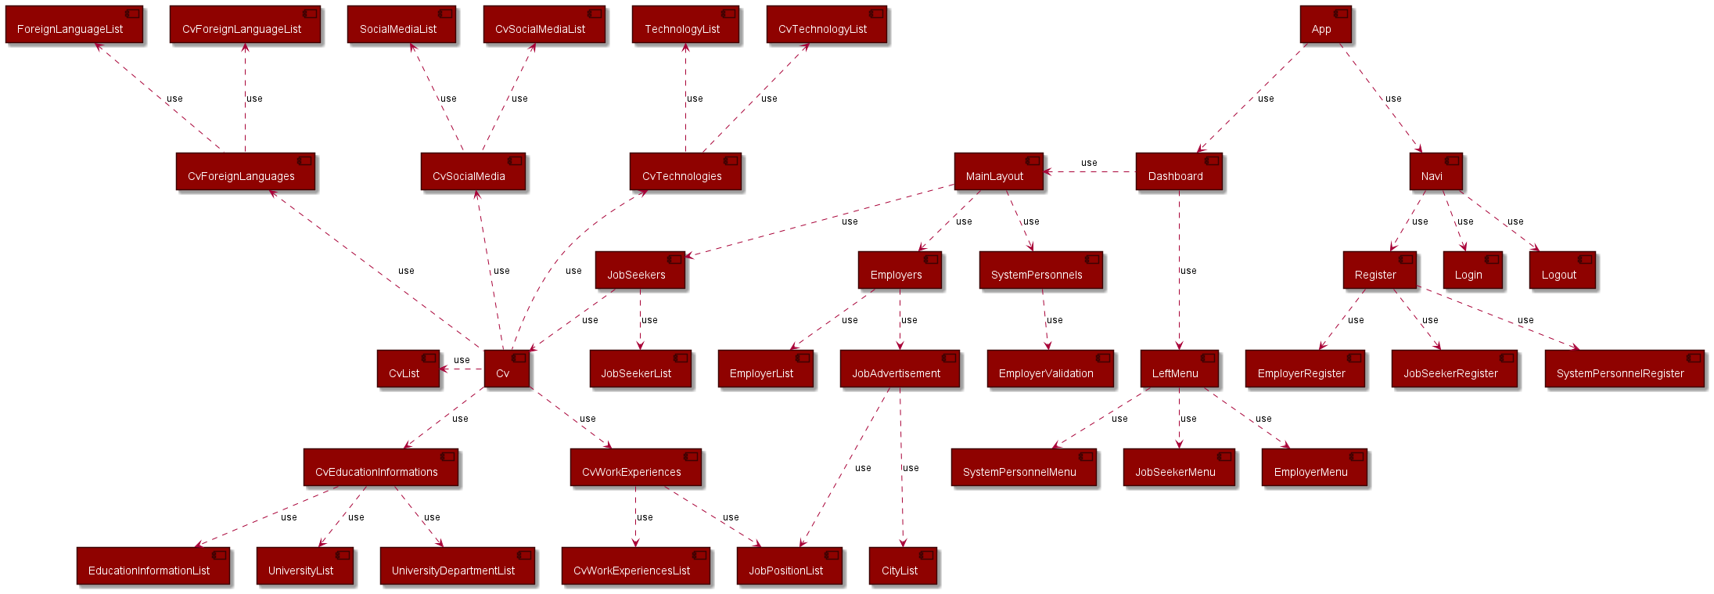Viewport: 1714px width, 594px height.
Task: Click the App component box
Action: coord(1324,25)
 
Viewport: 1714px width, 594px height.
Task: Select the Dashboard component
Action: coord(1178,172)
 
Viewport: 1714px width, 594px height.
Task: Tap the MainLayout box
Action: coord(998,172)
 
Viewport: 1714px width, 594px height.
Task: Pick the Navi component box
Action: coord(1435,172)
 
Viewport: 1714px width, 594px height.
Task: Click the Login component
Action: coord(1471,271)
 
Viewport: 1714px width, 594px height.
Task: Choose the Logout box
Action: coord(1561,271)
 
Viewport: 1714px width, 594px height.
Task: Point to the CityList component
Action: coord(902,567)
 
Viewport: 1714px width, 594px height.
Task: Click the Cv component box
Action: coord(506,369)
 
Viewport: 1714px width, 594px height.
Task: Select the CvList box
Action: coord(407,369)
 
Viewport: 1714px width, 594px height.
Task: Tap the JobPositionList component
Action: coord(789,567)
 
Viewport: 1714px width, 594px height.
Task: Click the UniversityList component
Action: coord(304,567)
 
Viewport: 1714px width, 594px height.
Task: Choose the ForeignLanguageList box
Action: coord(74,25)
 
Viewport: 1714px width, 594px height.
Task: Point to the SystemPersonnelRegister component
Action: coord(1623,369)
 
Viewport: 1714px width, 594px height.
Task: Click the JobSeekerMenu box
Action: coord(1178,468)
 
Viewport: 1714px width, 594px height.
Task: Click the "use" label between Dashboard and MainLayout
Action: coord(1089,163)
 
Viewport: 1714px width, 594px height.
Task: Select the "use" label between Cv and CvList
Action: coord(462,360)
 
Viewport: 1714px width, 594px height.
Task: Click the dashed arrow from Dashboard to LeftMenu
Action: coord(1179,297)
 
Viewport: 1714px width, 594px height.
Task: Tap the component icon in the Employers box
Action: coord(931,259)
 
